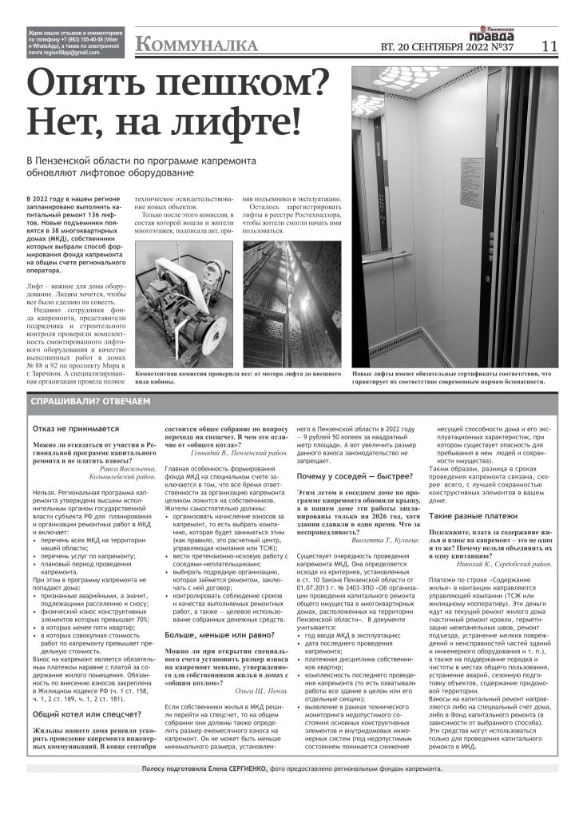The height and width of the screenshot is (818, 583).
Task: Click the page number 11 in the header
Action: click(x=548, y=46)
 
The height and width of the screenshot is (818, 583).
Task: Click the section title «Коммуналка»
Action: click(x=196, y=45)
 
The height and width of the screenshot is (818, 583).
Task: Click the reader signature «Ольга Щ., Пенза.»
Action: click(x=260, y=690)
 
